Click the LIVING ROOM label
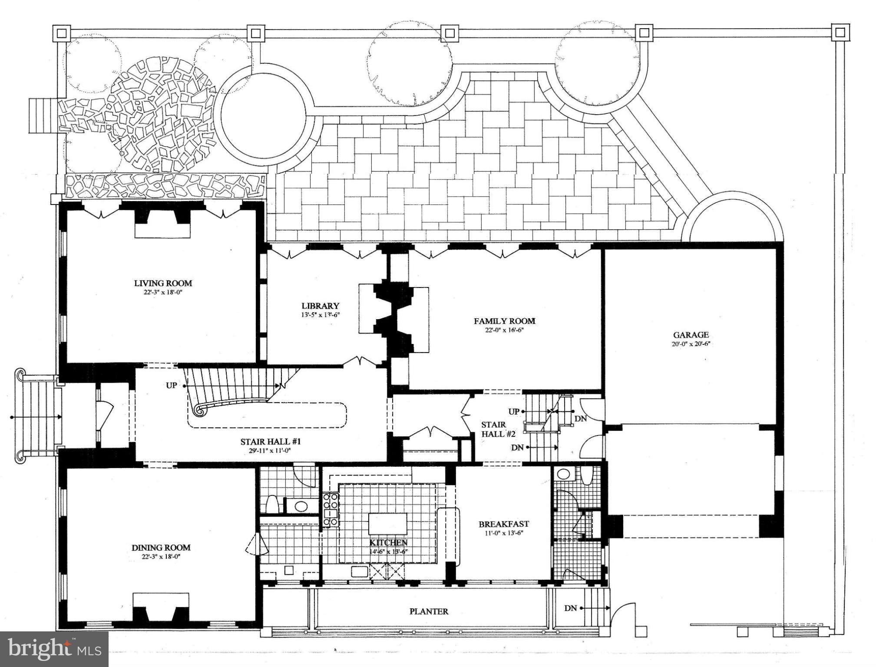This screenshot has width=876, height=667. click(x=162, y=283)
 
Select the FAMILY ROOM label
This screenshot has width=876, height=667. click(x=504, y=321)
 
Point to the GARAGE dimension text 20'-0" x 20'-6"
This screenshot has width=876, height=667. click(x=691, y=344)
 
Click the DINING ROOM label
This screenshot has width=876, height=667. click(x=161, y=548)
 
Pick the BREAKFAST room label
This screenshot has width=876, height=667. click(x=503, y=524)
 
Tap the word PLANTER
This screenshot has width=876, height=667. click(x=429, y=611)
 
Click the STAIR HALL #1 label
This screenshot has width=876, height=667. click(x=271, y=442)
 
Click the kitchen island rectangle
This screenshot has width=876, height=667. click(x=388, y=524)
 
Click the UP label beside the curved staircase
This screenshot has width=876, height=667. click(x=172, y=385)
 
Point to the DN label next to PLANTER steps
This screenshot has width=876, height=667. click(x=570, y=608)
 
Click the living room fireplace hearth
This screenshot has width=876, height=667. click(x=162, y=230)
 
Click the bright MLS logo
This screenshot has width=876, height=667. click(x=54, y=649)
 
